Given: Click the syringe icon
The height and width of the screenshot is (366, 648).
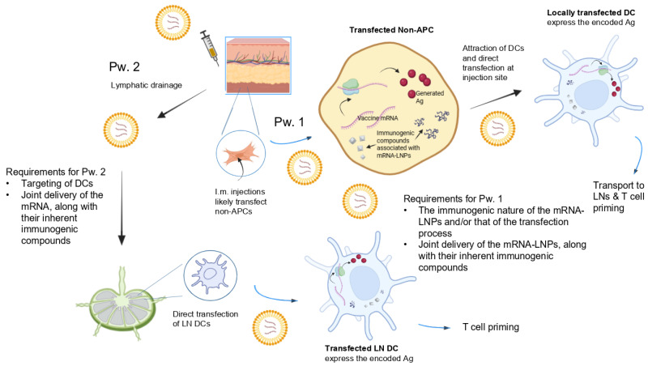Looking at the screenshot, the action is pos(210,48).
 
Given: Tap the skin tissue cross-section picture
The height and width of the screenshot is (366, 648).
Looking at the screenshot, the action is pos(258,65).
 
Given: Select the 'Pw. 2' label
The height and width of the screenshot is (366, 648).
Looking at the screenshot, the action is pos(125,66).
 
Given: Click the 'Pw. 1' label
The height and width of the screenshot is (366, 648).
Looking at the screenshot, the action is pos(289,121).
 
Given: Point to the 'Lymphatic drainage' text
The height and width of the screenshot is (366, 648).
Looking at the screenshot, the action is pos(147,85).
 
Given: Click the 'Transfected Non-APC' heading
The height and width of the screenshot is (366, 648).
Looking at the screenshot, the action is pos(391,30).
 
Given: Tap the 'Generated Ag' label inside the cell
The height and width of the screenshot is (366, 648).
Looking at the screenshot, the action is pos(429,96).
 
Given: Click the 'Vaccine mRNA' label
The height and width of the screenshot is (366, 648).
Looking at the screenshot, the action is pos(377,118).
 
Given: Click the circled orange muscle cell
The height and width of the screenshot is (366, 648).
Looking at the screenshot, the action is pos(241,154).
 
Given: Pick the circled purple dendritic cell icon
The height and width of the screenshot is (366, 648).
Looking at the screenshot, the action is pos(211,275).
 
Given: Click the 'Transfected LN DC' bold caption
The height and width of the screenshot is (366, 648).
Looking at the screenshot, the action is pos(361,348).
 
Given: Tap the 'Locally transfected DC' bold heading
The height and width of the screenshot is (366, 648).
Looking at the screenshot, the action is pos(591,13).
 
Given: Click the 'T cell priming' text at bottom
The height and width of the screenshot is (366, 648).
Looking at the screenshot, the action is pos(491,327).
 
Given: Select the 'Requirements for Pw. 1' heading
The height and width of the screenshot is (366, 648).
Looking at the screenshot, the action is pos(453,198).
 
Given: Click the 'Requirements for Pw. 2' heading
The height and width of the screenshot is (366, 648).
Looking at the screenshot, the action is pos(56,172).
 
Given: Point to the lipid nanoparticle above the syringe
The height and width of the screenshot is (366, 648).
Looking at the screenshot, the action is pos(173,22).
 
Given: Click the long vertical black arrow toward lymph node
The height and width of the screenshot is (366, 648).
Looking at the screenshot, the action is pos(122,208).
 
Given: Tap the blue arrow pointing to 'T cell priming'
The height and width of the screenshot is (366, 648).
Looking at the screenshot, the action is pos(434,327).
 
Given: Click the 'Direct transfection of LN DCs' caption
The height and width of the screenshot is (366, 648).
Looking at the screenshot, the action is pos(206,319).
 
